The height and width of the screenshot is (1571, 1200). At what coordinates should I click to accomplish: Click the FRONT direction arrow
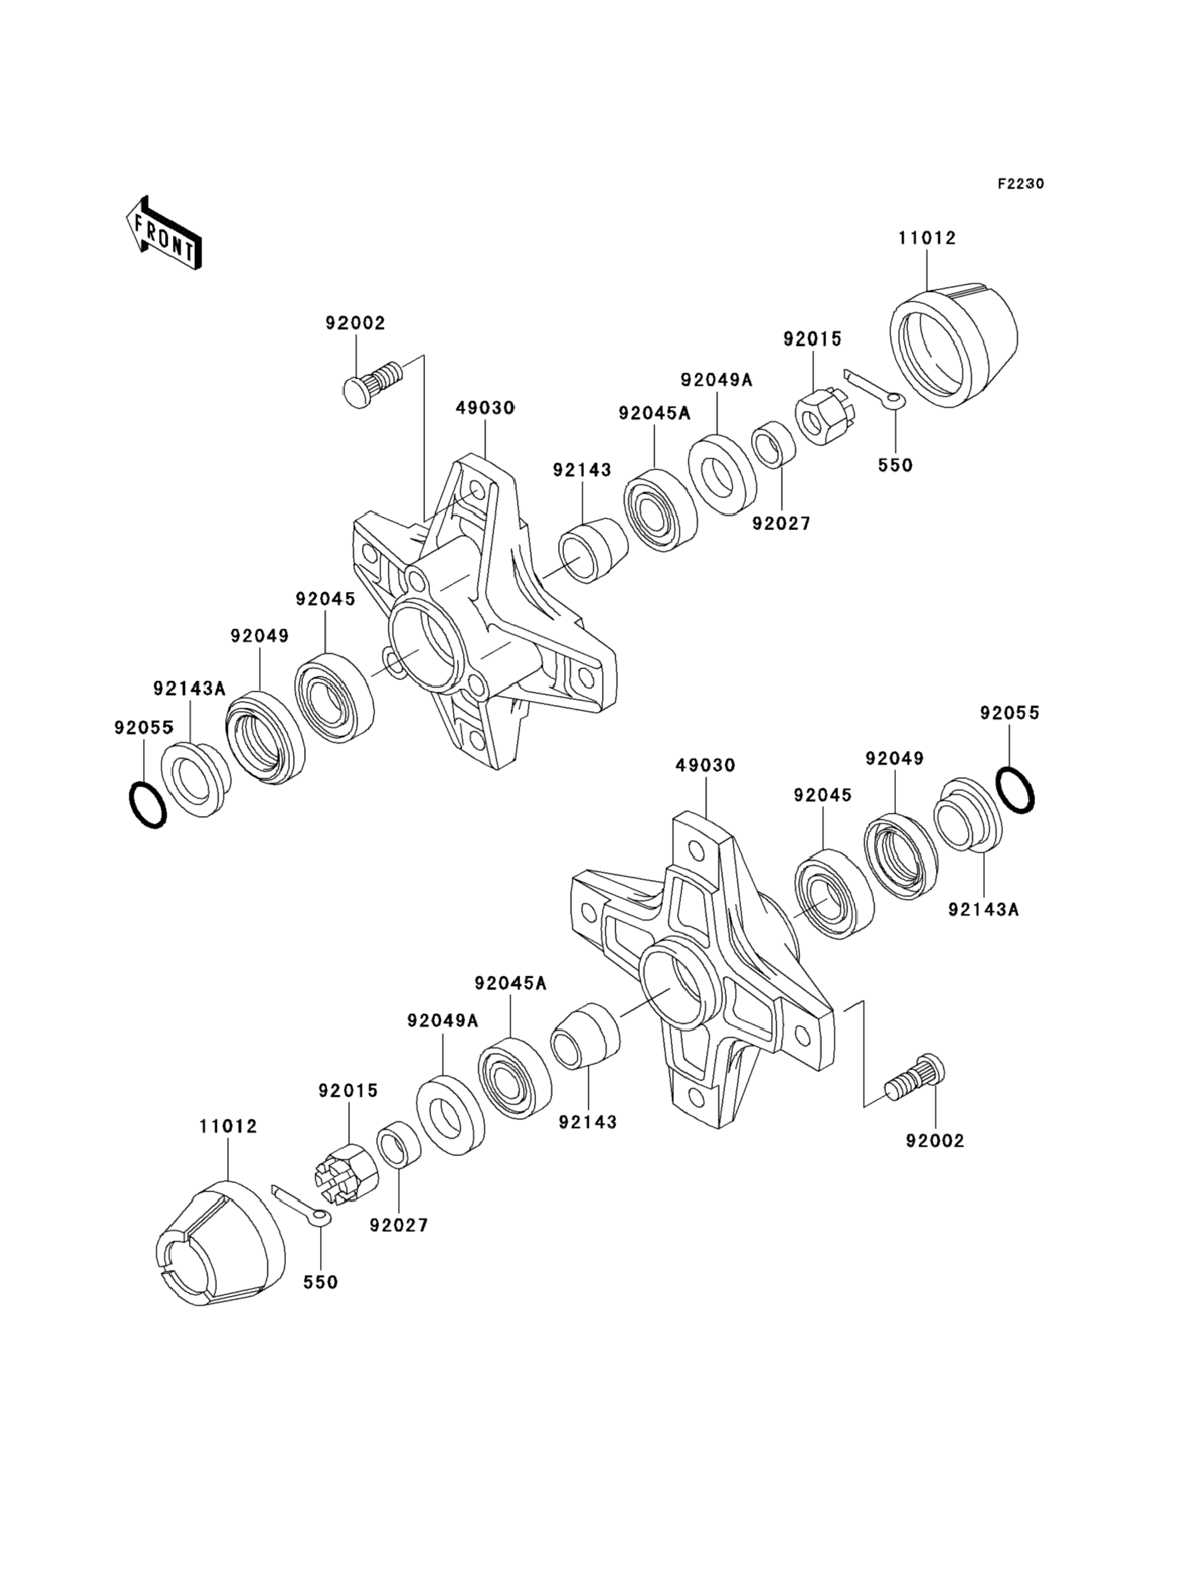[x=164, y=233]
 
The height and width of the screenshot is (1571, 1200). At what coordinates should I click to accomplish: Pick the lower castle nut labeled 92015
[x=346, y=1175]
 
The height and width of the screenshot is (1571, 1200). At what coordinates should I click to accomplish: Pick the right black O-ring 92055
[x=1014, y=789]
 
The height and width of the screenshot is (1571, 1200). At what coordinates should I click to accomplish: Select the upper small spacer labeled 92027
[x=776, y=444]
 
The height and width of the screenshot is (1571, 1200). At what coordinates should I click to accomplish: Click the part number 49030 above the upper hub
[x=485, y=408]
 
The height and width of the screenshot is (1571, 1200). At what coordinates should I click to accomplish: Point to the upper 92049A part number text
[x=716, y=379]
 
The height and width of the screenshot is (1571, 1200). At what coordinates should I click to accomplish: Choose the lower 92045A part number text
[x=510, y=983]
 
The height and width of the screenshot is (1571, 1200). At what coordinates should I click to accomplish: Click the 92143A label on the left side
[x=190, y=688]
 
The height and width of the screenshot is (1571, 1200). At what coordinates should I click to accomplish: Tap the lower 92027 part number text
[x=398, y=1225]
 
